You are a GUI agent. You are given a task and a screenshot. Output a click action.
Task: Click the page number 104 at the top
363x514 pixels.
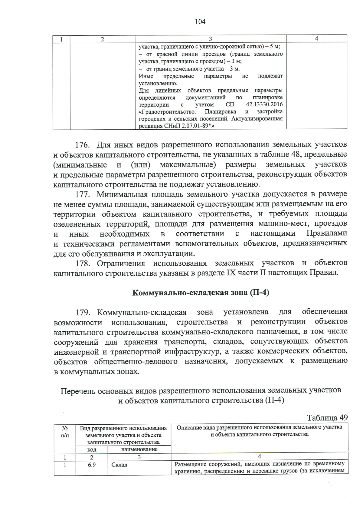(200, 22)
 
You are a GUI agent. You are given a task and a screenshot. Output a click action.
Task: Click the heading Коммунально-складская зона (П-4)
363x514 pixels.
(201, 293)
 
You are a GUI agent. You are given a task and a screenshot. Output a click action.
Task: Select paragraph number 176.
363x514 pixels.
(84, 145)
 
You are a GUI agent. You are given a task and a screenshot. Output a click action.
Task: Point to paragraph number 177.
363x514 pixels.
(84, 194)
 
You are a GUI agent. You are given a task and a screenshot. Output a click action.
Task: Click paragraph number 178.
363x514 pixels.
(84, 263)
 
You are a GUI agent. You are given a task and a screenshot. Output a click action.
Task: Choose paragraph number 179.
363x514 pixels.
(84, 312)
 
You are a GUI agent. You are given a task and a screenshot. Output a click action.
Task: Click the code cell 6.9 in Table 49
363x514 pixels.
(92, 465)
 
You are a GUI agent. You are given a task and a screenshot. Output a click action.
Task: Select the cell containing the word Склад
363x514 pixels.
(119, 465)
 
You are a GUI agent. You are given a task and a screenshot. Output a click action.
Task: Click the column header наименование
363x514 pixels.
(139, 449)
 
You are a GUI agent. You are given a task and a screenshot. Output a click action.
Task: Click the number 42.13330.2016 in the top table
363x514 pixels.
(264, 104)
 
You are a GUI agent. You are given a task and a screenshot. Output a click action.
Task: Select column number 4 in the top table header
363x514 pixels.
(316, 38)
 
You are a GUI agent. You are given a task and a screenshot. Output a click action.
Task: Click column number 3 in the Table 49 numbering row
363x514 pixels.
(139, 457)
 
